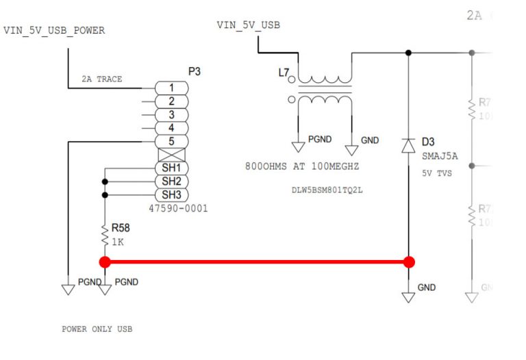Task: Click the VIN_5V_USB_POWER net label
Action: (x=54, y=31)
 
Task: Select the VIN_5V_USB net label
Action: (x=248, y=25)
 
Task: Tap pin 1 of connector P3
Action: (x=171, y=88)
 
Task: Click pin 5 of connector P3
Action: (x=171, y=142)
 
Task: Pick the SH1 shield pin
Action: (x=171, y=168)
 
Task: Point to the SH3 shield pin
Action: (x=171, y=194)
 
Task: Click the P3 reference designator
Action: (x=195, y=71)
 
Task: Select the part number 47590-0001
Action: (x=177, y=208)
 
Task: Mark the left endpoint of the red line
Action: (x=105, y=261)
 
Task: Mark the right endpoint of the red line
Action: (x=409, y=261)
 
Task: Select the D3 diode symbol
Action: (x=409, y=146)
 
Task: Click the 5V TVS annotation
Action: (x=436, y=173)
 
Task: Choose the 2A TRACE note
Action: (x=101, y=79)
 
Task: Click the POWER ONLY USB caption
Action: (x=97, y=329)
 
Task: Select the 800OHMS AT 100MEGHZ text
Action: (x=302, y=166)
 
